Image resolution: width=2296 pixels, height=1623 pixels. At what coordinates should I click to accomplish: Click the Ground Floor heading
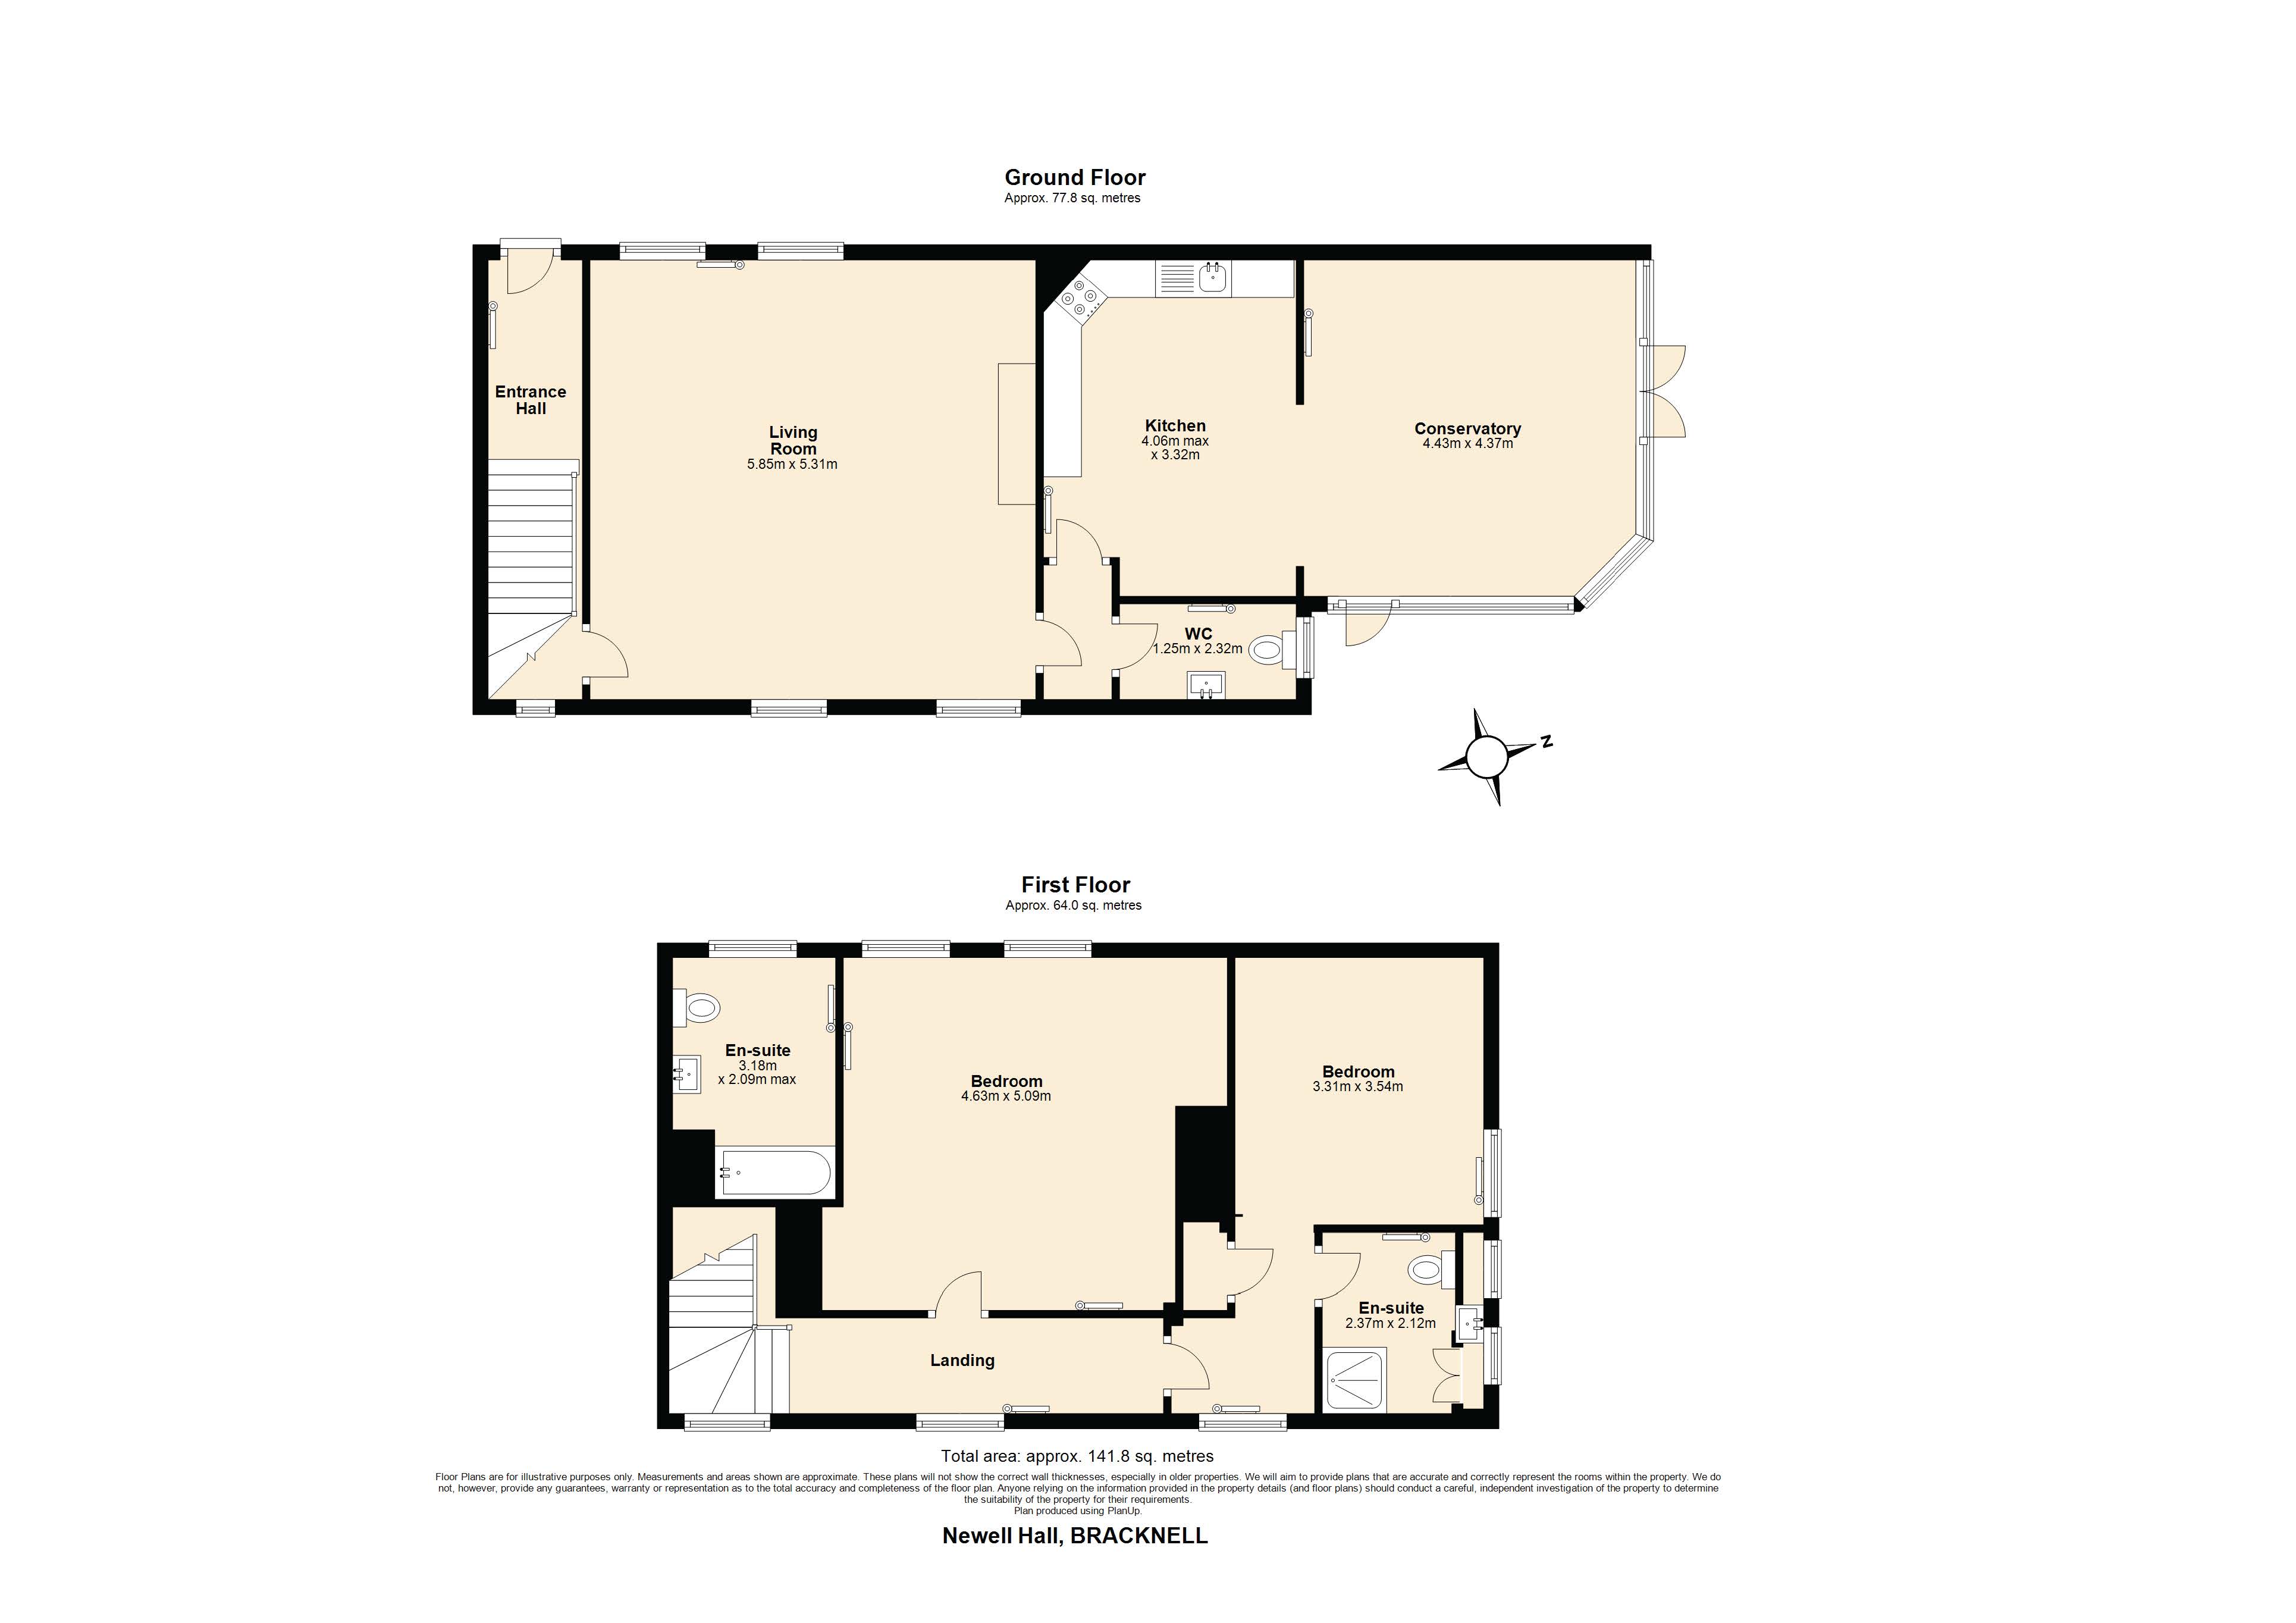[x=1074, y=177]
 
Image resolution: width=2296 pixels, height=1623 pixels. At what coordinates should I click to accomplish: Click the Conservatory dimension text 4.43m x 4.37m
[x=1467, y=443]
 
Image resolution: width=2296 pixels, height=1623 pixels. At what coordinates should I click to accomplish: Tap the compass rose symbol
[x=1486, y=756]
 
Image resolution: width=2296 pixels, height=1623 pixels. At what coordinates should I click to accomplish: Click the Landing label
[x=962, y=1360]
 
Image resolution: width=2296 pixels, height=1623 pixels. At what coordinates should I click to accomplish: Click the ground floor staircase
[x=532, y=560]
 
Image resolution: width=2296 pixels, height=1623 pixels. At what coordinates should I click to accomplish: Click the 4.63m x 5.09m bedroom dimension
[x=1006, y=1096]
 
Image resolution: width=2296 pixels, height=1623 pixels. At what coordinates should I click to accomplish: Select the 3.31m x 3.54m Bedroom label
[x=1358, y=1072]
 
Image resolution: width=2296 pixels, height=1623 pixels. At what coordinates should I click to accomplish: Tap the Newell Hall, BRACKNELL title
[x=1075, y=1536]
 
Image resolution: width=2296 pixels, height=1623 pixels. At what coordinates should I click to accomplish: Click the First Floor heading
[x=1075, y=885]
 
